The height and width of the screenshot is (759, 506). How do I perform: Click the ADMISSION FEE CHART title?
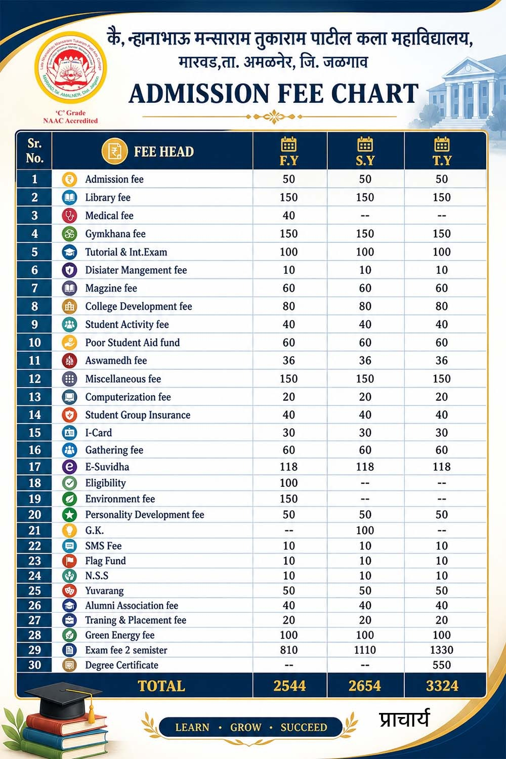coord(274,94)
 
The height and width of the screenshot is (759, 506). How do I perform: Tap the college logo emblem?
coord(70,67)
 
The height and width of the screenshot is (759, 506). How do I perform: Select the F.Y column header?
coord(289,151)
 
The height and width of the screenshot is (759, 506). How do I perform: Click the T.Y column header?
coord(442,151)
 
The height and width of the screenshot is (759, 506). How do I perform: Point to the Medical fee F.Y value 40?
coord(289,216)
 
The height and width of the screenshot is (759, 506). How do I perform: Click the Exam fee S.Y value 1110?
coord(365,650)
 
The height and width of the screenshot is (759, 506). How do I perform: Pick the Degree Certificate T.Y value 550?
coord(442,665)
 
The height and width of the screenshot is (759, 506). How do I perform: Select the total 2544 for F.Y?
coord(289,686)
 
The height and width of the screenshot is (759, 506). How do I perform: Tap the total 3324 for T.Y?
coord(442,686)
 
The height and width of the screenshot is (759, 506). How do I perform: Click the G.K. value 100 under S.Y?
coord(365,530)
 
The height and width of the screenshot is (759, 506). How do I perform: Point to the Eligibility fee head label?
coord(105,483)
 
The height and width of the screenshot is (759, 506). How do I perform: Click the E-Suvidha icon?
coord(69,467)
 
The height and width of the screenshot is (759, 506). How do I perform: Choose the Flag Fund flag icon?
coord(69,561)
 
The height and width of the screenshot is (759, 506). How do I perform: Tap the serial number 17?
coord(34,467)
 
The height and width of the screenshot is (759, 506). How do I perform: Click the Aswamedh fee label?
coord(116,360)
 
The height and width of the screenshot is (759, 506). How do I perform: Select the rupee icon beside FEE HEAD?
coord(114,151)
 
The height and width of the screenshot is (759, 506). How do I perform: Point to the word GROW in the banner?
coord(246,727)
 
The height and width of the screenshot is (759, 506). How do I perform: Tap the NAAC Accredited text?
coord(70,121)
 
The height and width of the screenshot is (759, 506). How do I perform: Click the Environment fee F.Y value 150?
coord(289,499)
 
